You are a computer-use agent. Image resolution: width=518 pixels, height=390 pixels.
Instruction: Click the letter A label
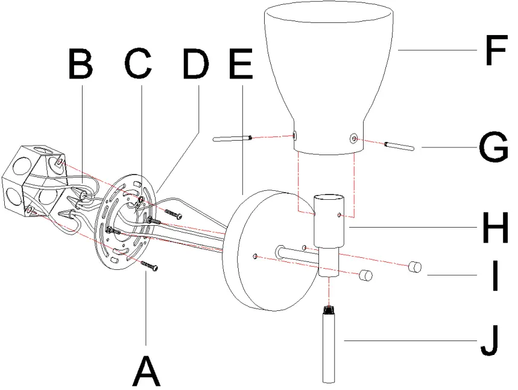pos(147,370)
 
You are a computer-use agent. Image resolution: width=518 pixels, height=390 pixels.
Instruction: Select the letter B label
pos(80,64)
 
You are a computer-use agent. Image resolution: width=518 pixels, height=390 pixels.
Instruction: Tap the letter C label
pos(138,64)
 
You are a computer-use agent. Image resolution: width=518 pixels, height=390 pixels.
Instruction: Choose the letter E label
pos(242,64)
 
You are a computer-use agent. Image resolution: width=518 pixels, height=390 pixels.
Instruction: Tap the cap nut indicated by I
pos(414,266)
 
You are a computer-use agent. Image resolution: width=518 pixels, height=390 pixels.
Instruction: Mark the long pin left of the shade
pos(232,139)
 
